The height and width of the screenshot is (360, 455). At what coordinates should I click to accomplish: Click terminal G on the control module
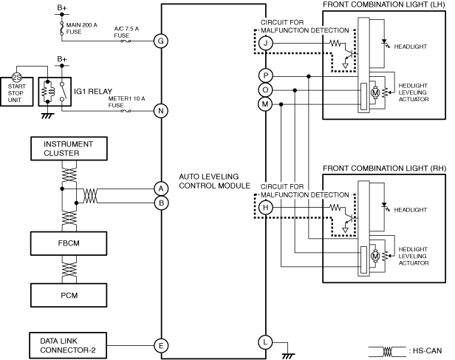pos(161,41)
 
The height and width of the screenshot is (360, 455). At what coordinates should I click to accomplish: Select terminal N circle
pos(161,111)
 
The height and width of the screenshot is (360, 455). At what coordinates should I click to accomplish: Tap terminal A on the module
pos(161,189)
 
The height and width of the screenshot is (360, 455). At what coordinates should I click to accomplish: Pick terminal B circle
pos(161,203)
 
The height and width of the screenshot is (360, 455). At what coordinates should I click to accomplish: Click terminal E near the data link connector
pos(161,345)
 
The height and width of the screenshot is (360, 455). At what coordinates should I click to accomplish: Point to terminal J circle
pos(265,44)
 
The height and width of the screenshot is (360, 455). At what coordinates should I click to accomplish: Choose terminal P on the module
pos(265,76)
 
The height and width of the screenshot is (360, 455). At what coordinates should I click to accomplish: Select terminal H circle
pos(265,207)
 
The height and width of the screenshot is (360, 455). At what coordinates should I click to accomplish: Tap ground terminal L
pos(265,342)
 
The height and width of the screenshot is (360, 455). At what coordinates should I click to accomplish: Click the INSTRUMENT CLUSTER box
pos(69,149)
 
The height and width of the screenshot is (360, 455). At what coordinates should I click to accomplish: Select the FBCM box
pos(69,243)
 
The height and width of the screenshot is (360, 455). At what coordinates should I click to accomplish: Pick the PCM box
pos(69,295)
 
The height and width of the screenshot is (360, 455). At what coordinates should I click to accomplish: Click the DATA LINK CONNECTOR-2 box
pos(68,345)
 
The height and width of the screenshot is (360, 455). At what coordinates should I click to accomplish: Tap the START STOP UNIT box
pos(16,92)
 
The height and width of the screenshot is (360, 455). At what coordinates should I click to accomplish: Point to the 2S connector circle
pos(16,78)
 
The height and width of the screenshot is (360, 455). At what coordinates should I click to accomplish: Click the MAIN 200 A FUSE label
pos(81,28)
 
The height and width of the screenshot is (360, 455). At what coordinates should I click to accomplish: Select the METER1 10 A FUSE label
pos(126,102)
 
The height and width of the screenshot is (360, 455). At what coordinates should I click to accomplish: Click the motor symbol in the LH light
pos(375,93)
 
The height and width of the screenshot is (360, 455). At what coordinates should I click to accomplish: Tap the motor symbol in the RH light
pos(375,256)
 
